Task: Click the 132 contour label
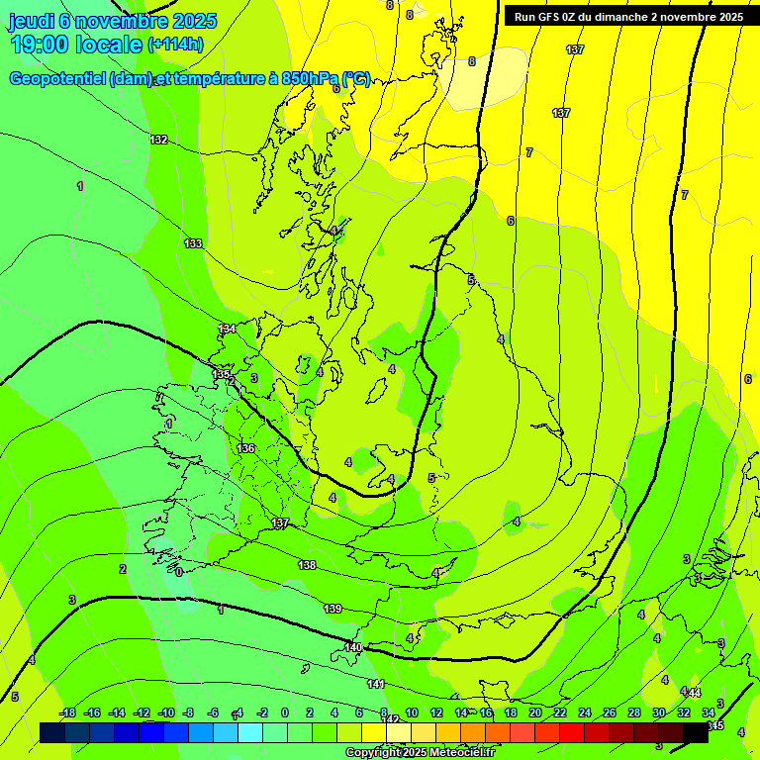point(158,140)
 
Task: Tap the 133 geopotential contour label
point(193,243)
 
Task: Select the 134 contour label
point(228,329)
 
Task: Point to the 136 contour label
point(245,448)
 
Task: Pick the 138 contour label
point(307,565)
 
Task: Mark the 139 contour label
point(332,608)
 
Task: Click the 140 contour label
point(353,647)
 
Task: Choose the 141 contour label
point(376,684)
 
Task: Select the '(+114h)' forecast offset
point(175,45)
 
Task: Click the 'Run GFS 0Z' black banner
point(628,17)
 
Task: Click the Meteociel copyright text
point(420,753)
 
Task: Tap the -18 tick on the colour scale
point(68,712)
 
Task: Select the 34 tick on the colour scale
point(709,712)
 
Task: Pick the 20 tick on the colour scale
point(535,712)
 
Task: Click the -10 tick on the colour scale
point(166,712)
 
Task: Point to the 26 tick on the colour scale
point(610,712)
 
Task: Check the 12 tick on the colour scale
point(436,712)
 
